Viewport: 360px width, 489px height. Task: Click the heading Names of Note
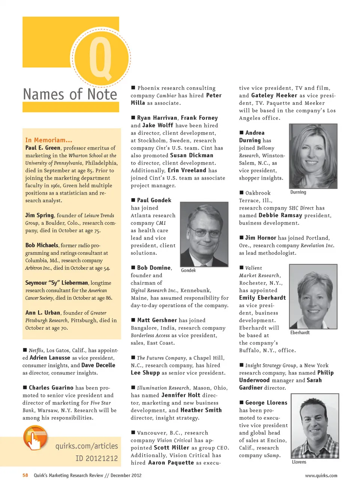pyautogui.click(x=70, y=94)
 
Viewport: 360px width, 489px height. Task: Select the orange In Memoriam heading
pyautogui.click(x=49, y=140)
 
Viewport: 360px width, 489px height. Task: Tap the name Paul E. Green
pyautogui.click(x=43, y=148)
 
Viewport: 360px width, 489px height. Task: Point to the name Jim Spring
pyautogui.click(x=39, y=215)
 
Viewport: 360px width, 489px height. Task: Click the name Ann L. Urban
pyautogui.click(x=43, y=313)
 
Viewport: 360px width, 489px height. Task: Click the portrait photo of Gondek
pyautogui.click(x=204, y=234)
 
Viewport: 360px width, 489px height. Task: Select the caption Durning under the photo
pyautogui.click(x=298, y=192)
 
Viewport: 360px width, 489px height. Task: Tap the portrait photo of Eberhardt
pyautogui.click(x=313, y=296)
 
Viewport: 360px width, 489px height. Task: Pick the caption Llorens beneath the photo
pyautogui.click(x=299, y=462)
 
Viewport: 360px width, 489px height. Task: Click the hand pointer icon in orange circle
pyautogui.click(x=34, y=438)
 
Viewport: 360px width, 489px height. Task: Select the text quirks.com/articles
pyautogui.click(x=87, y=446)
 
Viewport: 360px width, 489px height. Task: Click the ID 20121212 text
pyautogui.click(x=96, y=458)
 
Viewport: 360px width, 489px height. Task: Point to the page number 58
pyautogui.click(x=25, y=476)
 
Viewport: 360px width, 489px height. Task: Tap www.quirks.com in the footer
pyautogui.click(x=321, y=476)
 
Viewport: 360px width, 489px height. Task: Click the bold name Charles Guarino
pyautogui.click(x=51, y=388)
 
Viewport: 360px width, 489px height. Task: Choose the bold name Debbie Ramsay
pyautogui.click(x=280, y=215)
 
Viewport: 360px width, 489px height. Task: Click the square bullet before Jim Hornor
pyautogui.click(x=241, y=238)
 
